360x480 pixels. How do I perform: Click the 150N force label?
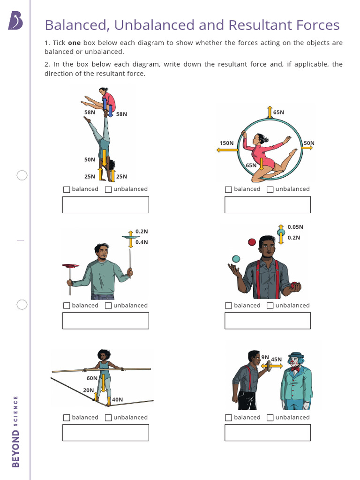point(226,143)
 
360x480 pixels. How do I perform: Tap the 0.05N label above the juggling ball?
point(295,227)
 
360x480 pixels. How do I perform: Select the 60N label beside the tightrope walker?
point(92,378)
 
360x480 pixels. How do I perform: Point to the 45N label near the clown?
point(276,360)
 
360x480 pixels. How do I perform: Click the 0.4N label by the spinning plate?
point(142,242)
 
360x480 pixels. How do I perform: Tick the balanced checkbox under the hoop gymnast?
point(228,189)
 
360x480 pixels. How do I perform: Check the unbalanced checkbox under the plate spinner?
point(108,306)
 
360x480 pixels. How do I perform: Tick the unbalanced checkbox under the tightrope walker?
point(108,418)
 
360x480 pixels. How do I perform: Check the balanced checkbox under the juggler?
point(228,306)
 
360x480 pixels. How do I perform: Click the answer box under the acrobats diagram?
point(105,205)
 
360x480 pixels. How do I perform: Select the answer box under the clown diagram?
point(267,433)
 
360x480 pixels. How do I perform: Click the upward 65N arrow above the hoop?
point(270,112)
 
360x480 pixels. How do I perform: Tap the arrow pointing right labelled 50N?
point(307,148)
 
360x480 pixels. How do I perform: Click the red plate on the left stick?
point(70,266)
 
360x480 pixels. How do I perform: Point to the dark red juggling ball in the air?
point(252,242)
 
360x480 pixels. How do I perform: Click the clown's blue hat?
point(296,355)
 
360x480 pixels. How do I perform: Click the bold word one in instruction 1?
point(75,43)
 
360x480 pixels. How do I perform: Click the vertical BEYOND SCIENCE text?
point(15,431)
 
